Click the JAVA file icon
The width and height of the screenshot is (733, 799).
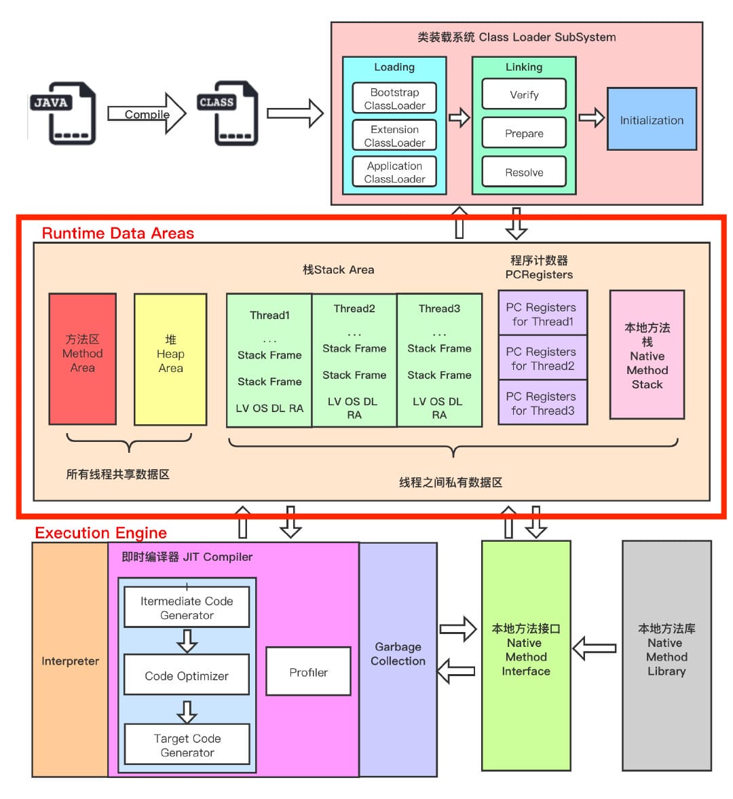tap(63, 113)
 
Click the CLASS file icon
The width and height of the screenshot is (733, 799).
tap(228, 113)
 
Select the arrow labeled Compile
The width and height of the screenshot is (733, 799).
tap(147, 113)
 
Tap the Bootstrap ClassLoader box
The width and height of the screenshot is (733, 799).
tap(394, 98)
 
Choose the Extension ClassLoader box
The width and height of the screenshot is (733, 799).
tap(394, 136)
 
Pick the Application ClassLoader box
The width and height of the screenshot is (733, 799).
tap(394, 172)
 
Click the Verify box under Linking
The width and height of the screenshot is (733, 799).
tap(524, 94)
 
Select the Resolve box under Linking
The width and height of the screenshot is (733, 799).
tap(524, 172)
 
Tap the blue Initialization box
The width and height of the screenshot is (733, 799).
tap(652, 119)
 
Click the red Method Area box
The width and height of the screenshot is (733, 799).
tap(83, 358)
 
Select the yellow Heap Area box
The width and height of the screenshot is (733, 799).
tap(170, 358)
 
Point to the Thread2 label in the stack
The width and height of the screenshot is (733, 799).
tap(354, 308)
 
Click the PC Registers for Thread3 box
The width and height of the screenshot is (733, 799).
tap(542, 403)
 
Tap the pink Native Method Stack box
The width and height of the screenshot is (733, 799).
tap(647, 354)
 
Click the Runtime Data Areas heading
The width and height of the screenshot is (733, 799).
tap(118, 233)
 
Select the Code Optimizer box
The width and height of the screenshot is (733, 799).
tap(187, 675)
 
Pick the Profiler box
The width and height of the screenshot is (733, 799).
tap(308, 671)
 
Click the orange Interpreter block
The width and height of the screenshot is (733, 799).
tap(70, 661)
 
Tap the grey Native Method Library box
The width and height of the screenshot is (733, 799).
tap(666, 655)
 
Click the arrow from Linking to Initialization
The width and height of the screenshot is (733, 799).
tap(591, 117)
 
